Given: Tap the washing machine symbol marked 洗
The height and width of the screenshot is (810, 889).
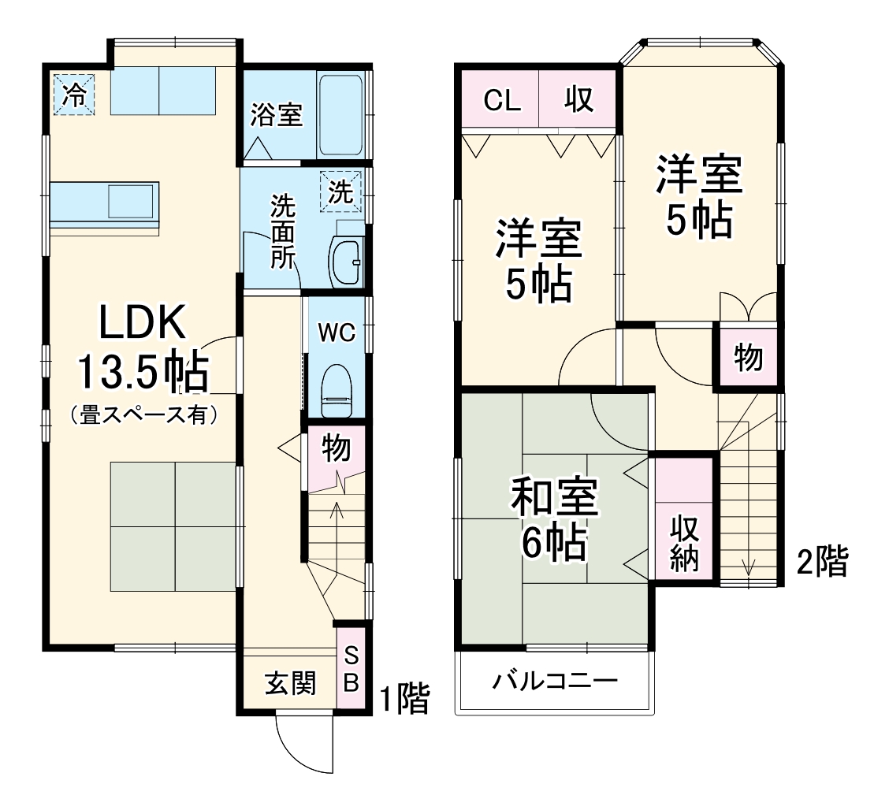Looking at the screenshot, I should click(341, 192).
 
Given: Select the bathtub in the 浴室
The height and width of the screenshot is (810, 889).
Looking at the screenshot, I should click(341, 115).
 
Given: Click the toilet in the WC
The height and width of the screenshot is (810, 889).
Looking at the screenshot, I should click(337, 388).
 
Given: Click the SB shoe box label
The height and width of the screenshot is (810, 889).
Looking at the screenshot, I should click(352, 668).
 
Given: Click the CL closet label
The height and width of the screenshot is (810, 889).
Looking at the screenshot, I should click(501, 100).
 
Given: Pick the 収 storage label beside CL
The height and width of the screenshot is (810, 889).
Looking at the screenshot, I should click(578, 100).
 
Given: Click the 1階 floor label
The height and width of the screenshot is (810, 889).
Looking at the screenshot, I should click(404, 698).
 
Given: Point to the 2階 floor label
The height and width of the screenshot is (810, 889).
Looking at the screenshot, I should click(822, 563).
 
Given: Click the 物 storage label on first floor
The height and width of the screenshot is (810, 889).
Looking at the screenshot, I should click(337, 448).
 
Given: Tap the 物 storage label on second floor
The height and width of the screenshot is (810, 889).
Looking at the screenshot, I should click(748, 358).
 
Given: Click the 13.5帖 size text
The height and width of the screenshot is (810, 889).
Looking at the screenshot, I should click(143, 373).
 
